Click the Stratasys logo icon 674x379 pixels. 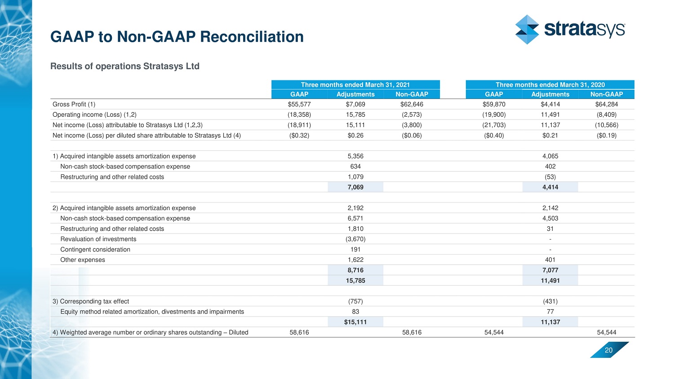pos(527,30)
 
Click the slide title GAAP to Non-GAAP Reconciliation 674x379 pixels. pos(177,36)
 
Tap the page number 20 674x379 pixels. pos(608,350)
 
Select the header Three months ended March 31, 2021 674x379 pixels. pos(355,84)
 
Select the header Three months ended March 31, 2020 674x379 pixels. pos(550,84)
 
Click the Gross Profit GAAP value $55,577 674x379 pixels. pos(299,104)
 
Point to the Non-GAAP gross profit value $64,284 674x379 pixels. pos(607,104)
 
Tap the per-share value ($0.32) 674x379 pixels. pos(299,135)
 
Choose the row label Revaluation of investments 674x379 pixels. pos(98,239)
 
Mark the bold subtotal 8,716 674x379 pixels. pos(355,270)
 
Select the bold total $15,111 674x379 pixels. pos(355,322)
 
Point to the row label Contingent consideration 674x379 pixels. pos(95,249)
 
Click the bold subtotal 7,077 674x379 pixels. pos(550,270)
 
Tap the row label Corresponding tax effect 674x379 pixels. pos(94,301)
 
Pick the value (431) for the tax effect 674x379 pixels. pos(550,301)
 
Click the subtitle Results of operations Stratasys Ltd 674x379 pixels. pos(124,66)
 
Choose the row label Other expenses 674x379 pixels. pos(83,260)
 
